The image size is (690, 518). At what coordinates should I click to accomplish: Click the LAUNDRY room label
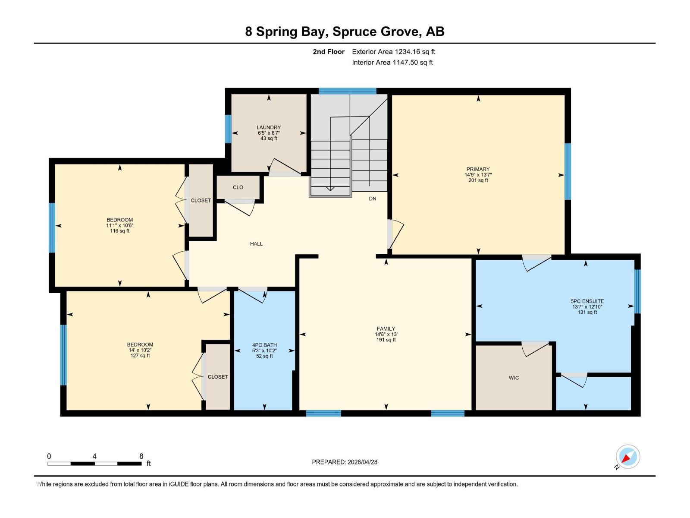pos(269,127)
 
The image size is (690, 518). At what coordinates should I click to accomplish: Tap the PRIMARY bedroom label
pos(478,169)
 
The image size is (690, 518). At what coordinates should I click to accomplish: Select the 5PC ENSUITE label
pos(587,301)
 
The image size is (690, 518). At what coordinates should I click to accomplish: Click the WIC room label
pos(514,378)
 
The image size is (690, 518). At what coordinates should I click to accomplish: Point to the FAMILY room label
pos(386,329)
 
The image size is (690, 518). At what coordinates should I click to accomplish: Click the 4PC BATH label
pos(264,345)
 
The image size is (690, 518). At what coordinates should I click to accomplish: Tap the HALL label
pos(256,244)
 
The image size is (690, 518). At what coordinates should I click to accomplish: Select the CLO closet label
pos(238,187)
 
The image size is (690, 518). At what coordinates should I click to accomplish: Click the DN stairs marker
pos(373,199)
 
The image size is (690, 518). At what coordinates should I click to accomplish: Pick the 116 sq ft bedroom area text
pos(120,231)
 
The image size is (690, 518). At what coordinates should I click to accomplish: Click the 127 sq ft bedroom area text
pos(140,356)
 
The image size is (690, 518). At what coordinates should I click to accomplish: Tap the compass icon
pos(627,457)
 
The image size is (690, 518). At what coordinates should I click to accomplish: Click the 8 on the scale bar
pos(141,456)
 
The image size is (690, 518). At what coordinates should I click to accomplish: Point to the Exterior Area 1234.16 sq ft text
pos(393,52)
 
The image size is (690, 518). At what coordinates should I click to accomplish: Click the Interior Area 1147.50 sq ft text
pos(392,63)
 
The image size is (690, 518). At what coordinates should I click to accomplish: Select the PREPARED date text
pos(345,462)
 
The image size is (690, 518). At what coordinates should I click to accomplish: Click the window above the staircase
pos(347,91)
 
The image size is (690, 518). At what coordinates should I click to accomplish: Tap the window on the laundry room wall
pos(228,129)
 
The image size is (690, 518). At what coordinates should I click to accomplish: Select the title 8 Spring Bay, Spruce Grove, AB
pos(345,32)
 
